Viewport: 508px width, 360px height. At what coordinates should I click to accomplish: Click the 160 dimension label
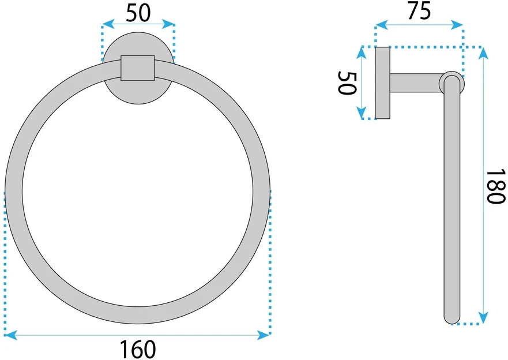tap(138, 349)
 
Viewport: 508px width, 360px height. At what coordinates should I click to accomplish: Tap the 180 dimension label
tap(496, 186)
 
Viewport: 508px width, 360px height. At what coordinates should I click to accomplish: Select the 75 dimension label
tap(419, 11)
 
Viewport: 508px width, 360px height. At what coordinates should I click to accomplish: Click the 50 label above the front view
tap(138, 13)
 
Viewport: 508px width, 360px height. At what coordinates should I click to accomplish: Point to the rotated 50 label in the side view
tap(347, 83)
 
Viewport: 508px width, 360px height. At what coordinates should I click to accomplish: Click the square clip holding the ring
tap(138, 68)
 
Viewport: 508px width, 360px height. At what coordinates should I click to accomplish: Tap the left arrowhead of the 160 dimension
tap(11, 335)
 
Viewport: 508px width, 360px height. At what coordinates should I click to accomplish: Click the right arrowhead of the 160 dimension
tap(264, 335)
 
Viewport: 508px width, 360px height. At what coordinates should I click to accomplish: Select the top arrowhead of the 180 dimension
tap(483, 54)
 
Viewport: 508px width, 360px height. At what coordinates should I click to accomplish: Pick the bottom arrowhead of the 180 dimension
tap(483, 317)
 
